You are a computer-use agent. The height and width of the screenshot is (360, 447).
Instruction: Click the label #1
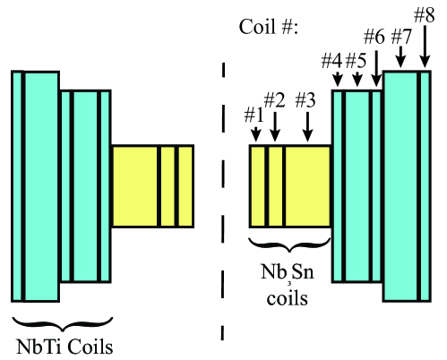[254, 115]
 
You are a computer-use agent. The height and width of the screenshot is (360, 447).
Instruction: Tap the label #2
[275, 99]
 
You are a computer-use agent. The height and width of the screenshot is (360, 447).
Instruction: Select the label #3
[306, 99]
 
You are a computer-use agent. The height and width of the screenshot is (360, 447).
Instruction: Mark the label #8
[426, 14]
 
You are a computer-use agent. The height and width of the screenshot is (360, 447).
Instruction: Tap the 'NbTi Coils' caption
[60, 345]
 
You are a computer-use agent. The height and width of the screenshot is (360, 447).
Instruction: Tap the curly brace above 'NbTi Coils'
[60, 322]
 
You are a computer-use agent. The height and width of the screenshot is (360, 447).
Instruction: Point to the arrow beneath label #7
[401, 56]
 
